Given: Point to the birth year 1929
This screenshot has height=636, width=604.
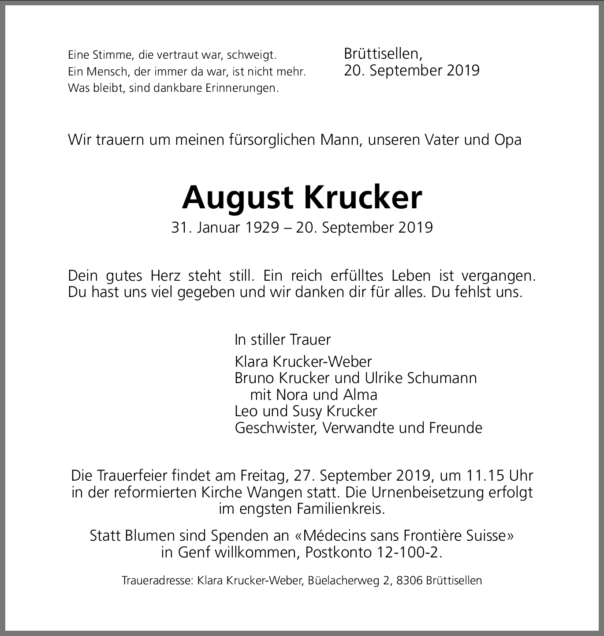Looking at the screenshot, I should click(x=263, y=227).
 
